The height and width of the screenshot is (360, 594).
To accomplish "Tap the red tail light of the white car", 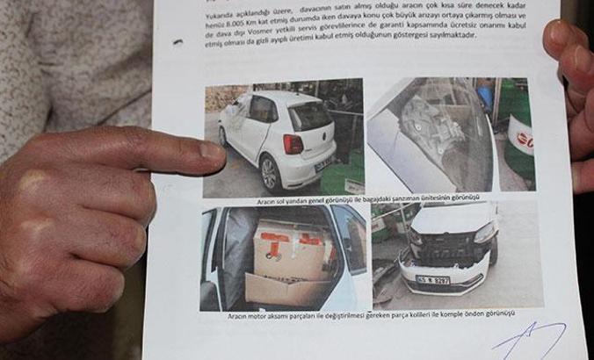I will pos(293,143).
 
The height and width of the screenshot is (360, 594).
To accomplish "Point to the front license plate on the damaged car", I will pos(433,280).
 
